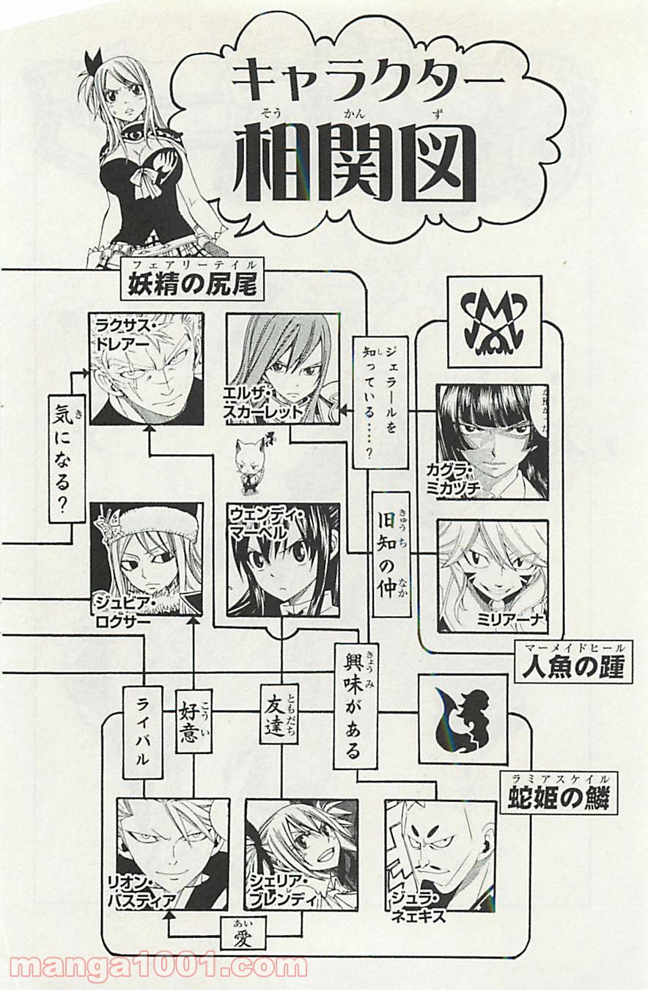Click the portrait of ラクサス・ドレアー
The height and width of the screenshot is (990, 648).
pos(147,369)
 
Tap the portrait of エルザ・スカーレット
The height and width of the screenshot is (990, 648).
pos(283,369)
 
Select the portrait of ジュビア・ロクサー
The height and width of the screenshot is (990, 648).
pos(146,559)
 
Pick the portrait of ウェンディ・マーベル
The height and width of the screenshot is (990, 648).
pos(283,560)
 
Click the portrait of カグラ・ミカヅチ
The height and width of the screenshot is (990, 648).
pos(492,442)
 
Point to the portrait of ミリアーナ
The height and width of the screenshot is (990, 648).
pos(492,576)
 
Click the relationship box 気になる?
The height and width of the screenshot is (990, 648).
pos(66,458)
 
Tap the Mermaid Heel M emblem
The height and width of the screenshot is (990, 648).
pos(494,321)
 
